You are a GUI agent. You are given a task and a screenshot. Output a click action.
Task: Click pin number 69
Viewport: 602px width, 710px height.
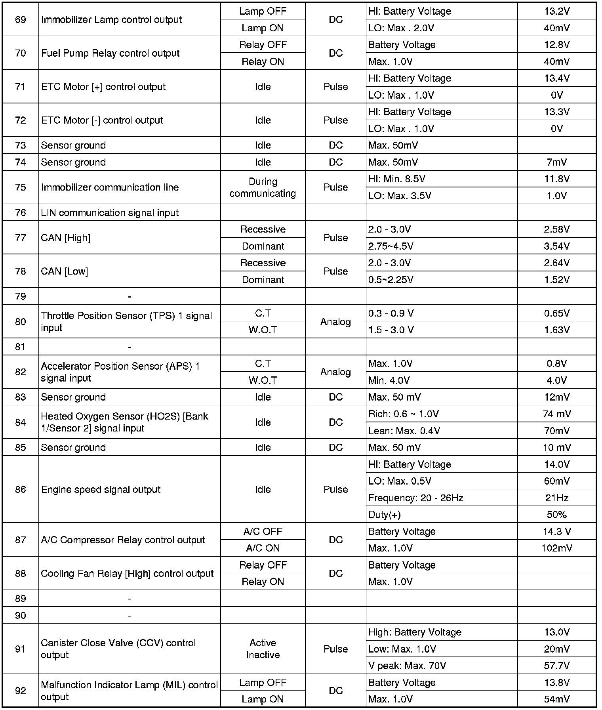pyautogui.click(x=20, y=20)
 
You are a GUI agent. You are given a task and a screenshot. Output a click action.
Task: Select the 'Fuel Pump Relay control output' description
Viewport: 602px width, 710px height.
pyautogui.click(x=110, y=53)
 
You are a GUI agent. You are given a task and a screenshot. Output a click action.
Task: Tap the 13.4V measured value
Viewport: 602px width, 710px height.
pyautogui.click(x=556, y=78)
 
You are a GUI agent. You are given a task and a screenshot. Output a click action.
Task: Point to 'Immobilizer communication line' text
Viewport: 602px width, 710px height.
pyautogui.click(x=110, y=187)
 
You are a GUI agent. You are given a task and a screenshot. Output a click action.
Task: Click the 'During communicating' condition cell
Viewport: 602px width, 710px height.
pyautogui.click(x=263, y=187)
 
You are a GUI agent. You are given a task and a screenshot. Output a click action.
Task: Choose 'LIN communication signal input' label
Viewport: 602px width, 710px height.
pyautogui.click(x=110, y=213)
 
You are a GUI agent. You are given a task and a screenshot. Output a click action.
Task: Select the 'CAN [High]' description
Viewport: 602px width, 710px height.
pyautogui.click(x=66, y=238)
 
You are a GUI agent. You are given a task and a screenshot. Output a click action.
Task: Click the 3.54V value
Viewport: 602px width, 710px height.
pyautogui.click(x=556, y=246)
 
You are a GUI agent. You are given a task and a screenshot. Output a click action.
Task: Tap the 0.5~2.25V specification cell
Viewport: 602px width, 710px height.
pyautogui.click(x=391, y=280)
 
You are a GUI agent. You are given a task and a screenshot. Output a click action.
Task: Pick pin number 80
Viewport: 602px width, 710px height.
pyautogui.click(x=20, y=321)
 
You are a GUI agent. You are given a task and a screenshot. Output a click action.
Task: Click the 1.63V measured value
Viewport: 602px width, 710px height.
pyautogui.click(x=556, y=330)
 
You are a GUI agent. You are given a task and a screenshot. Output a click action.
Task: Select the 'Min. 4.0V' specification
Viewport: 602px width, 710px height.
pyautogui.click(x=389, y=380)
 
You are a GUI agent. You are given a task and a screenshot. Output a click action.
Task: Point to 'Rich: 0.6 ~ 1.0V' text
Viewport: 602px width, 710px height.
pyautogui.click(x=403, y=414)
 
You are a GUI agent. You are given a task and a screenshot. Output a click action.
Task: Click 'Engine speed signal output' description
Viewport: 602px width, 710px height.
pyautogui.click(x=101, y=490)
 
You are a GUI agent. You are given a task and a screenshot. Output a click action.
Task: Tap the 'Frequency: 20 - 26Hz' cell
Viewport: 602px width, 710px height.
pyautogui.click(x=415, y=498)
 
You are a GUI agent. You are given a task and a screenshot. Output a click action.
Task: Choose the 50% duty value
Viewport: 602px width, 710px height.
pyautogui.click(x=556, y=515)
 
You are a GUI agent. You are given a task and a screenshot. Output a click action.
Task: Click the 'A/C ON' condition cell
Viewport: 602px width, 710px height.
pyautogui.click(x=263, y=548)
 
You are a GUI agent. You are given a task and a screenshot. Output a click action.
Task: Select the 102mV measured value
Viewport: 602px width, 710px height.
pyautogui.click(x=556, y=548)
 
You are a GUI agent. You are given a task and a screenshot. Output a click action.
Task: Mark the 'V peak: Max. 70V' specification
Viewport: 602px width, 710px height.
pyautogui.click(x=407, y=666)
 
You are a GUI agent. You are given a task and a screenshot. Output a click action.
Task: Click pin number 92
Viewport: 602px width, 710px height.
pyautogui.click(x=20, y=691)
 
